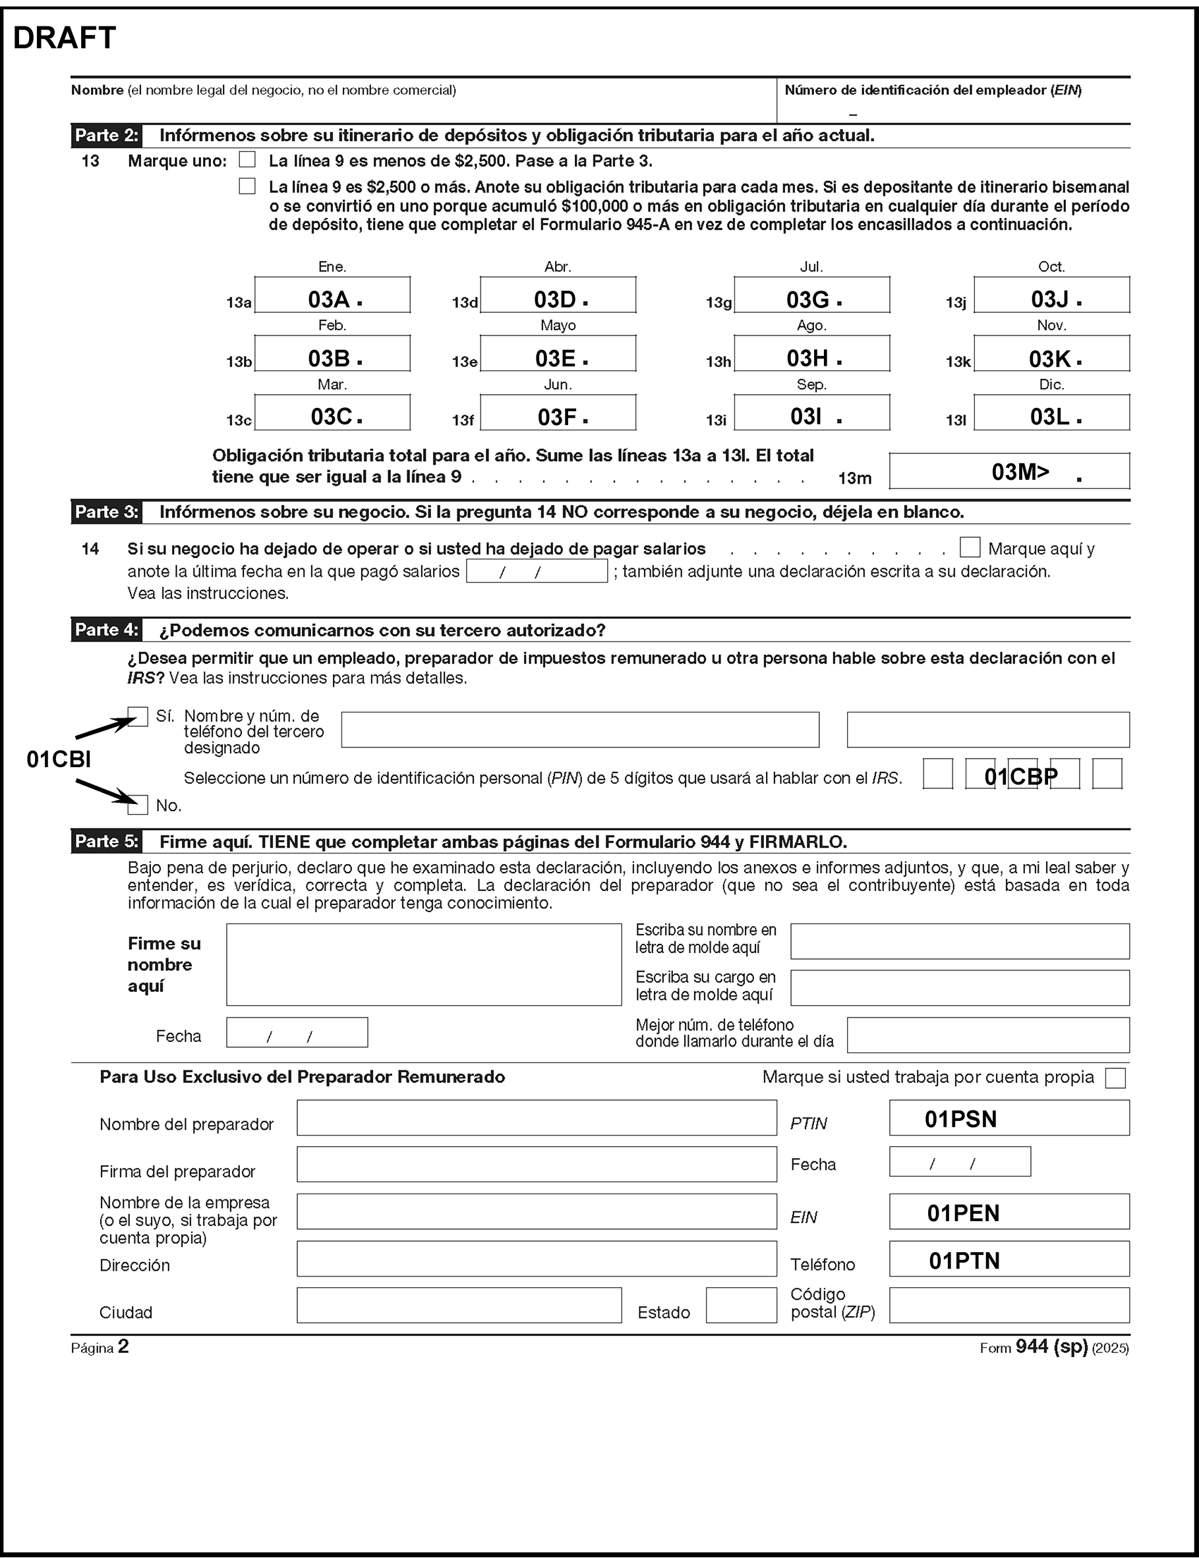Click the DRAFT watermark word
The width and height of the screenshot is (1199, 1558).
click(64, 38)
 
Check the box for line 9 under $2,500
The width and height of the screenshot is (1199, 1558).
click(247, 159)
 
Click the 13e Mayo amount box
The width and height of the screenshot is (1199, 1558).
click(558, 354)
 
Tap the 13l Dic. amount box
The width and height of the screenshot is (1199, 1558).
click(1051, 413)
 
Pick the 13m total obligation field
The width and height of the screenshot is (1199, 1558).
click(1009, 471)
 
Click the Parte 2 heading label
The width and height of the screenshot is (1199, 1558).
click(106, 136)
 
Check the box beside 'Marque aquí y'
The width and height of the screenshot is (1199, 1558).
click(970, 547)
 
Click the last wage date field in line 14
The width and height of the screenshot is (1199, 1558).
click(537, 571)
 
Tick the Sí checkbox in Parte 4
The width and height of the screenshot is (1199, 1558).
click(138, 716)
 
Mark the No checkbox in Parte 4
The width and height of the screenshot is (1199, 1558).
click(138, 805)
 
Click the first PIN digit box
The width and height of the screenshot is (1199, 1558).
click(938, 774)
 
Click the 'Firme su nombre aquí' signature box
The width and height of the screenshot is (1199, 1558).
click(424, 964)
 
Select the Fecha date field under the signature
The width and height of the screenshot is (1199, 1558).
click(297, 1033)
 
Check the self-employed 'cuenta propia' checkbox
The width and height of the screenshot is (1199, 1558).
click(1115, 1078)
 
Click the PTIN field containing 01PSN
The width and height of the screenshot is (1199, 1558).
click(1009, 1118)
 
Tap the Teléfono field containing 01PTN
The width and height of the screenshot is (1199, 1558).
click(1009, 1259)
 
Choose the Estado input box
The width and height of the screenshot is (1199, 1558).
click(741, 1306)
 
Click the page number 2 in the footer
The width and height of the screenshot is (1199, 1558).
click(123, 1346)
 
